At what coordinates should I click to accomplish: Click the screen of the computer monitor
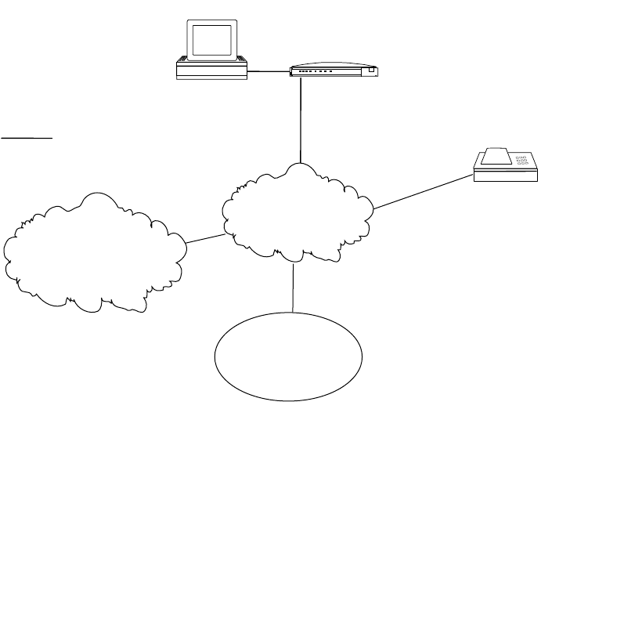pyautogui.click(x=212, y=38)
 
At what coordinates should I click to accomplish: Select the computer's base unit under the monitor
pyautogui.click(x=211, y=71)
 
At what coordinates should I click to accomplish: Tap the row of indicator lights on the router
pyautogui.click(x=321, y=71)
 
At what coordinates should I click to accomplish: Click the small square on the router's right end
pyautogui.click(x=371, y=71)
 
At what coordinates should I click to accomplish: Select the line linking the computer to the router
pyautogui.click(x=269, y=72)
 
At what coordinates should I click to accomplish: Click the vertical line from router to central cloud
pyautogui.click(x=301, y=118)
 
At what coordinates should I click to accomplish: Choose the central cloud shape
pyautogui.click(x=298, y=212)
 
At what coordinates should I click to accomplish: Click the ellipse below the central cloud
pyautogui.click(x=289, y=357)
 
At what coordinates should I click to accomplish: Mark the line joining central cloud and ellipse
pyautogui.click(x=293, y=287)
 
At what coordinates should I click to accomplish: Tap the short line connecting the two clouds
pyautogui.click(x=205, y=237)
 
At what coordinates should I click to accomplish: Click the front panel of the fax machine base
pyautogui.click(x=506, y=176)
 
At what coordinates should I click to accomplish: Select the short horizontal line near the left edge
pyautogui.click(x=27, y=138)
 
